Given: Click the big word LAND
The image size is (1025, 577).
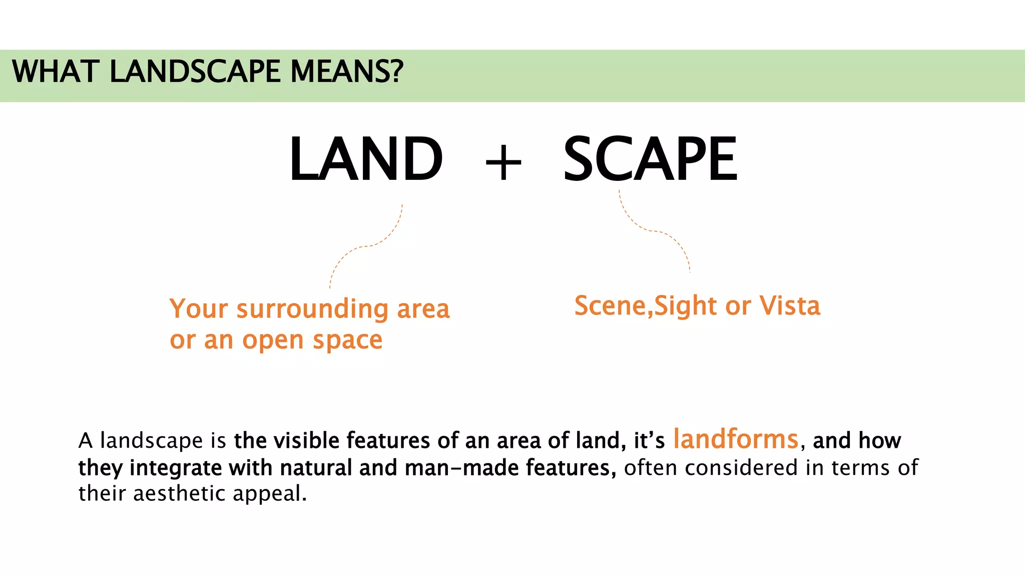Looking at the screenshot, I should point(366,159).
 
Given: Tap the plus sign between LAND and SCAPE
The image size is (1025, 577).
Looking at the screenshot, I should point(503,162).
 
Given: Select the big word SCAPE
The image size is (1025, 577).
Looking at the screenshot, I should point(650,159).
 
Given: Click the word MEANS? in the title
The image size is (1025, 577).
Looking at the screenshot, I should point(347,71).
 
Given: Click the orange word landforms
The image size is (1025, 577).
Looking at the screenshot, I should point(735,439).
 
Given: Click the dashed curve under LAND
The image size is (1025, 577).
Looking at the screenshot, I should point(366,246).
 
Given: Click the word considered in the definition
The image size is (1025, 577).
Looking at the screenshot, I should point(741,468).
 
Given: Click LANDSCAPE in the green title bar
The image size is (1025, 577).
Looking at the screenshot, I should point(195,71).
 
